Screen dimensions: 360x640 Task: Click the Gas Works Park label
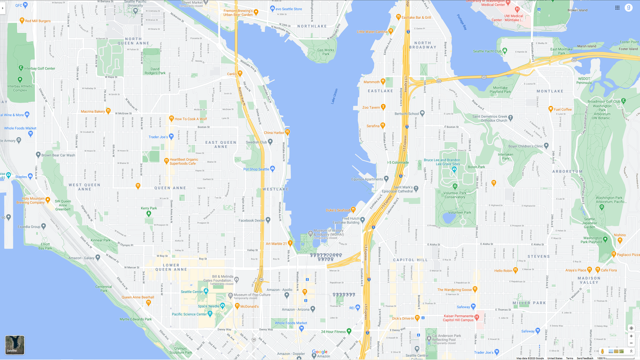click(x=326, y=52)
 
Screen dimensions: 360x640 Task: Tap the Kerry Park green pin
click(x=149, y=213)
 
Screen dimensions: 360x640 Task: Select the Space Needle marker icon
click(x=222, y=305)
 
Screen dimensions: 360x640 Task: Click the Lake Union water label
click(x=334, y=96)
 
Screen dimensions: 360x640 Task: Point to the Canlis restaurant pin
click(x=240, y=73)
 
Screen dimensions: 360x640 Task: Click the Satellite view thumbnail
click(x=15, y=345)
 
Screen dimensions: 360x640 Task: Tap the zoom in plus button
click(x=631, y=336)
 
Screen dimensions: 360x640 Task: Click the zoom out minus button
click(x=631, y=343)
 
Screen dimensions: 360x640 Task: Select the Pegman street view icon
click(x=602, y=351)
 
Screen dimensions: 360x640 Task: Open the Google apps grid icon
click(x=617, y=8)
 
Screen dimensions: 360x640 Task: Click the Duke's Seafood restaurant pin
click(x=353, y=210)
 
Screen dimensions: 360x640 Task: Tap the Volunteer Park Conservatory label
click(x=455, y=195)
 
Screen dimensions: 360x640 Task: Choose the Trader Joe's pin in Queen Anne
click(x=171, y=136)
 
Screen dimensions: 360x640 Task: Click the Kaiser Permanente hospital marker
click(x=477, y=317)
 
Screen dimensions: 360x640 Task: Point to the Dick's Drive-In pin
click(x=417, y=318)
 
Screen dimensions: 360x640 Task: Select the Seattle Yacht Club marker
click(x=505, y=50)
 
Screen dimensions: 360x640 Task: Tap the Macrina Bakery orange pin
click(x=108, y=111)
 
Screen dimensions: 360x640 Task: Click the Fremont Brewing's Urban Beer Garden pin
click(x=256, y=12)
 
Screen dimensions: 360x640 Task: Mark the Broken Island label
click(x=577, y=10)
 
